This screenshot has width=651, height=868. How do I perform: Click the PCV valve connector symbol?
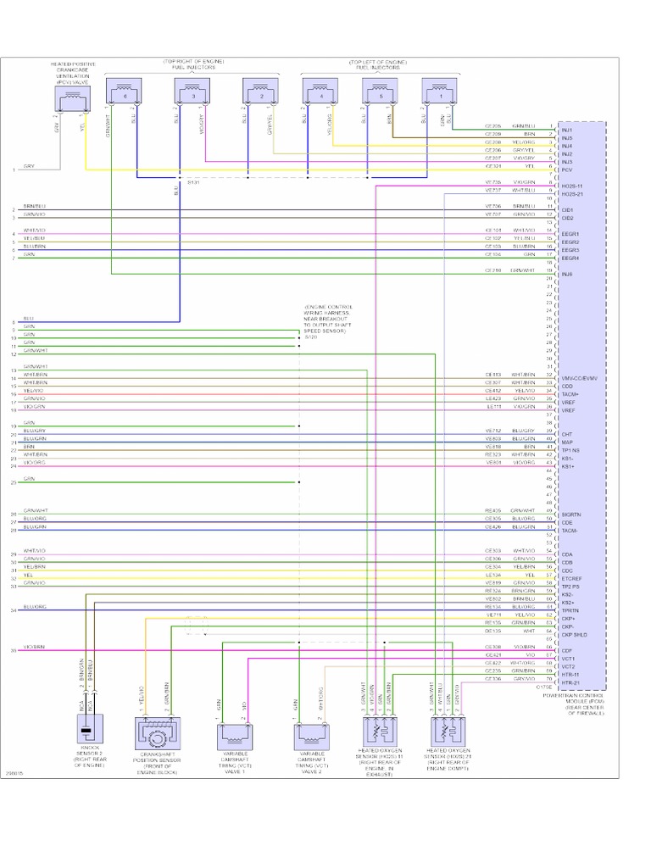70,102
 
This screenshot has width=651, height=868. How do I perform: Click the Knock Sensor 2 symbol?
86,730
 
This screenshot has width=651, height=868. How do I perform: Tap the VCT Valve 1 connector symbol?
235,736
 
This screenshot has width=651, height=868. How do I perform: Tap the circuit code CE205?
492,125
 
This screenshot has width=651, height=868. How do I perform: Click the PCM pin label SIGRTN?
570,514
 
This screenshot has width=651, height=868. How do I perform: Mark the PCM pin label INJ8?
567,273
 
